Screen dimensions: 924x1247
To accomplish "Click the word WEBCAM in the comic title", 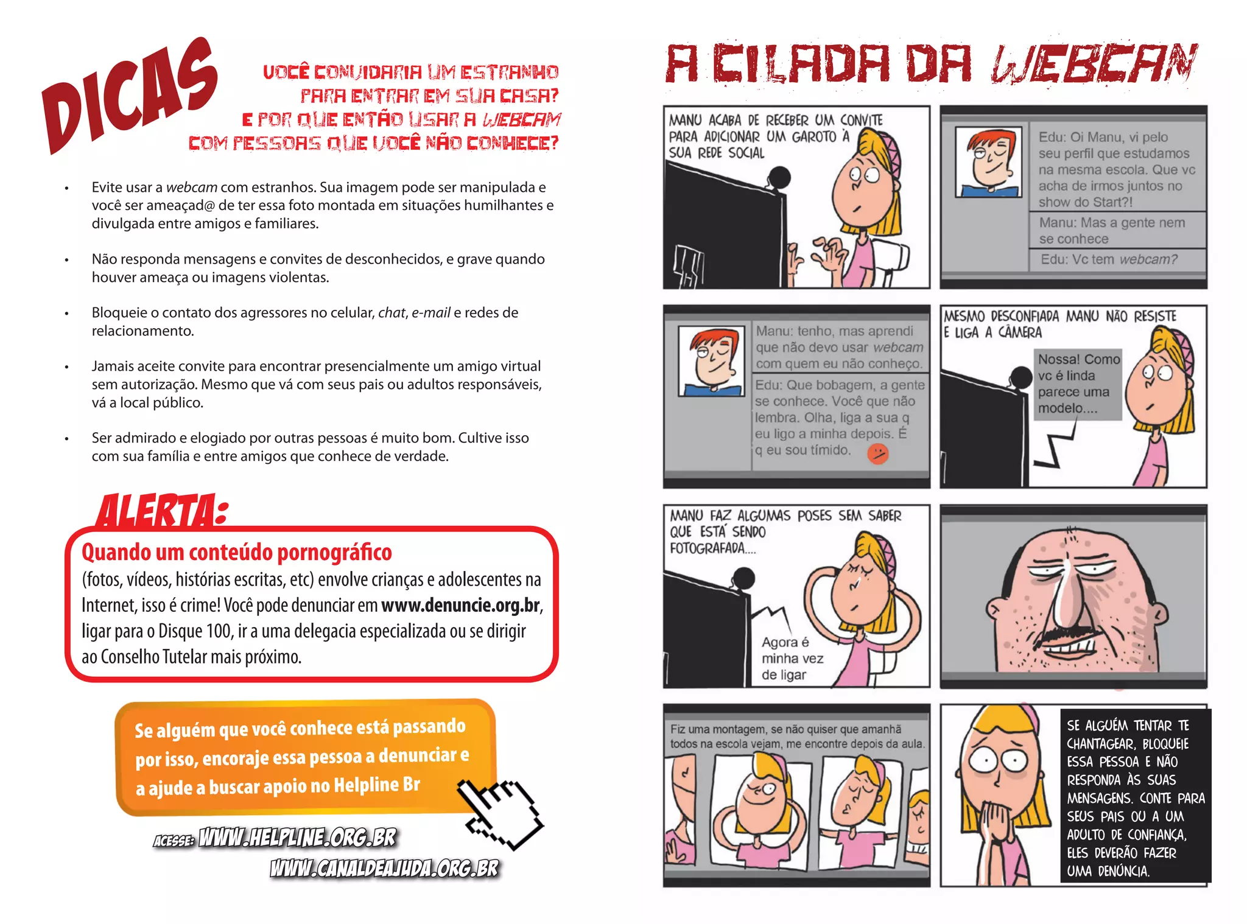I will pos(1094,63).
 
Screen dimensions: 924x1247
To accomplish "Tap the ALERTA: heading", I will pos(162,511).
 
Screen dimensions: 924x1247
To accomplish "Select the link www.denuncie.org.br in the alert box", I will pos(460,605).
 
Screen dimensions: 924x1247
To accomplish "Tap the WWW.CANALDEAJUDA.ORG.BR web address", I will pos(384,868).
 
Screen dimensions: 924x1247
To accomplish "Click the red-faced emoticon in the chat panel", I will pos(877,453).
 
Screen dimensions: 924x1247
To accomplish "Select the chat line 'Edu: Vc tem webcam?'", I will pos(1108,259).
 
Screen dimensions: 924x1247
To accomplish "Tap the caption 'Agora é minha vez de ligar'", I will pos(792,659).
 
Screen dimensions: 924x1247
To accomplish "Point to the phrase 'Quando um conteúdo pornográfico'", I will pos(237,552).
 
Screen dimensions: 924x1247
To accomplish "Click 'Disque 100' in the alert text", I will pos(195,631).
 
